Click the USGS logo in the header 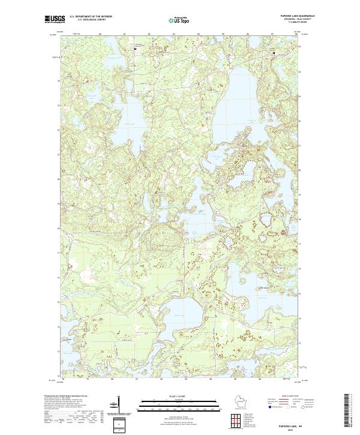click(55, 20)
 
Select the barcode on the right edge click(349, 411)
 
